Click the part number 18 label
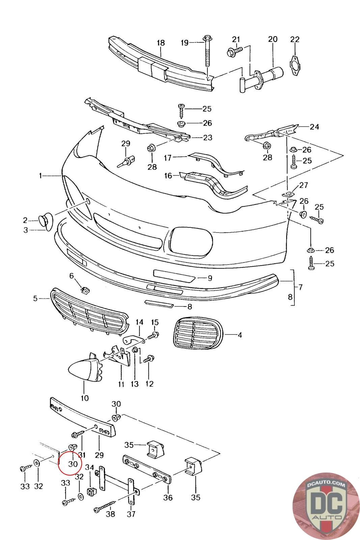point(161,43)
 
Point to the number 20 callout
point(273,39)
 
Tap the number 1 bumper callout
point(40,175)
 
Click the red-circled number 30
point(73,464)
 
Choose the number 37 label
point(131,514)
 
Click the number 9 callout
point(210,278)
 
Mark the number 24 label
point(314,127)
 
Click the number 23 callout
point(207,137)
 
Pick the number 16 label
point(168,175)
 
